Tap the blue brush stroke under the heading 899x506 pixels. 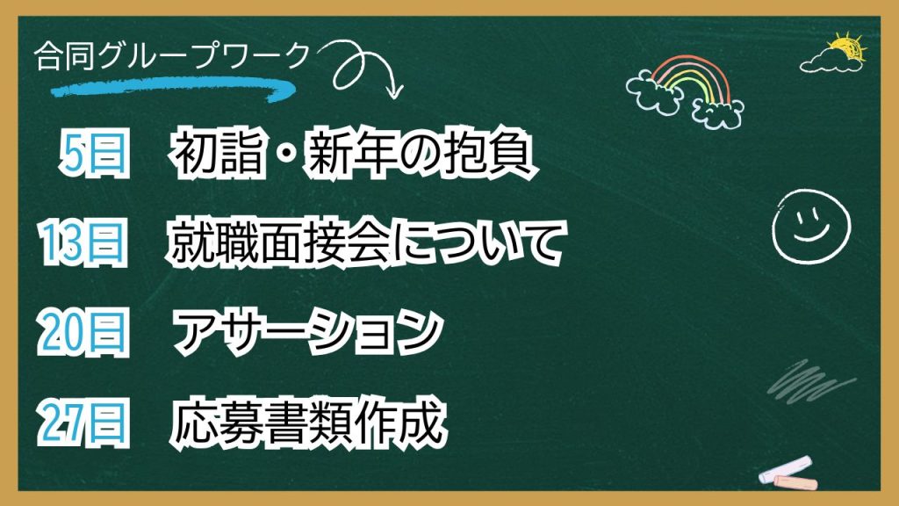(172, 87)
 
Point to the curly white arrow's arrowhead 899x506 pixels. (392, 91)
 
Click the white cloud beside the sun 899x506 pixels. (825, 61)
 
